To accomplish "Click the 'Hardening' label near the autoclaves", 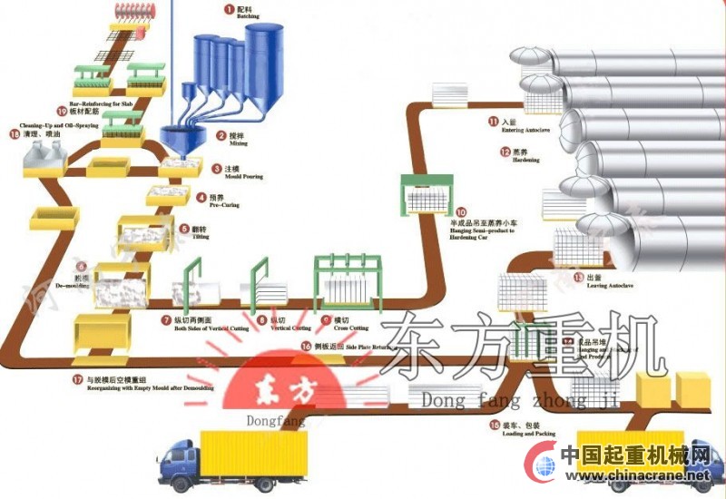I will (x=520, y=160).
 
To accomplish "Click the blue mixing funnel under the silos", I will (x=180, y=139).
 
